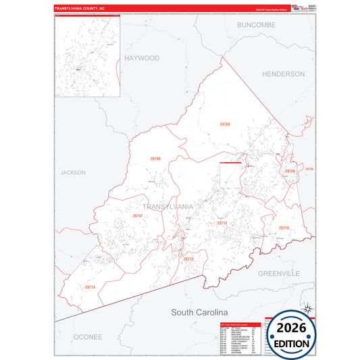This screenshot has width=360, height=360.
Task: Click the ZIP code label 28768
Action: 225,124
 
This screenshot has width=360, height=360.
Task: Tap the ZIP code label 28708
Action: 155,158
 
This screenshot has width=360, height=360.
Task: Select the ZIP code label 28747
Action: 138,215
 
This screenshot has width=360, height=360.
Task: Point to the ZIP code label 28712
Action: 222,222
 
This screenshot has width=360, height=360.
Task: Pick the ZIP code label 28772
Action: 188,259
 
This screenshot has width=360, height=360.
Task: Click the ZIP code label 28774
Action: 91,287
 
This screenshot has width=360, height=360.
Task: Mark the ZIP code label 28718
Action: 284,228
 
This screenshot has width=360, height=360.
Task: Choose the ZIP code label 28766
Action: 290,172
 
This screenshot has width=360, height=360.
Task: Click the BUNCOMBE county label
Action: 256,24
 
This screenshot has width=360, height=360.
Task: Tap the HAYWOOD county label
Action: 142,58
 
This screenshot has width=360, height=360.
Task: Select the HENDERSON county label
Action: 283,74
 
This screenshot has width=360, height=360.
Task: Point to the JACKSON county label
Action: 73,172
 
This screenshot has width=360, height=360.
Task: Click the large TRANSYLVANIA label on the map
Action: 168,206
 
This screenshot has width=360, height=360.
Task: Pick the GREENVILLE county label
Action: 278,274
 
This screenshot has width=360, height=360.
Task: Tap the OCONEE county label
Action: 88,336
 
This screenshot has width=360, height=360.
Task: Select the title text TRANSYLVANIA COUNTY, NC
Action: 80,9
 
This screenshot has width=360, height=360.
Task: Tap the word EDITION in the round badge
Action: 291,344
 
